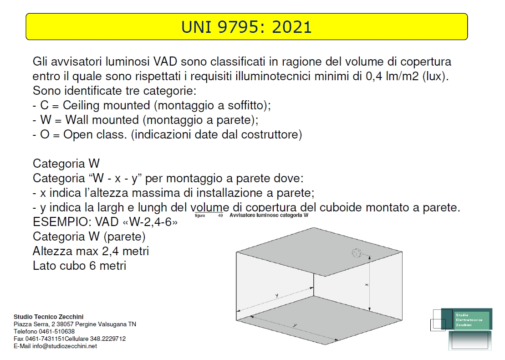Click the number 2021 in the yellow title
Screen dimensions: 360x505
click(x=292, y=27)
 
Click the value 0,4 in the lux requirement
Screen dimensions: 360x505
click(x=373, y=76)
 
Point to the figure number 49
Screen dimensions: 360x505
click(x=220, y=215)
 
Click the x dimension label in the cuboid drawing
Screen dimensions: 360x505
click(x=367, y=284)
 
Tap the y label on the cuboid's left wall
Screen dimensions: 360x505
click(x=277, y=296)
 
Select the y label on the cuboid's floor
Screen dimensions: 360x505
click(x=295, y=325)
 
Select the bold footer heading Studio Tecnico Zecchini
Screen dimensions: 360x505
click(x=49, y=317)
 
